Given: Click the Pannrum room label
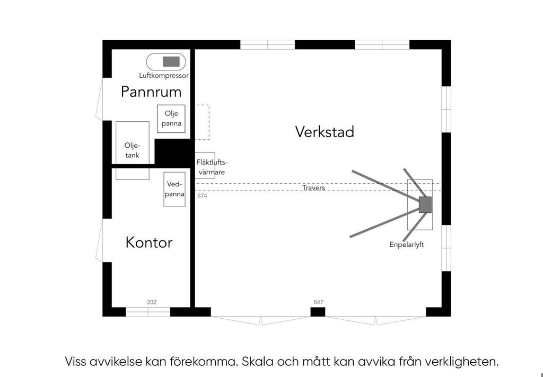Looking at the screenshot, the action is tap(151, 92).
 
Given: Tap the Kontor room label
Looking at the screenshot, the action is tap(149, 242).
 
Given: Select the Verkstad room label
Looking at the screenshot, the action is tap(325, 132).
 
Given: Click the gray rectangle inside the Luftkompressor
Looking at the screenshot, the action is tap(171, 61).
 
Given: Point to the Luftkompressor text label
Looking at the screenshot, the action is tap(164, 75).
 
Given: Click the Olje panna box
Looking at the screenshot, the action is tap(171, 119).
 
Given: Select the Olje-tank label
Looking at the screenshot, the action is tap(132, 150).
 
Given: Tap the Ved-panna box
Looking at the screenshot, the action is tap(174, 189).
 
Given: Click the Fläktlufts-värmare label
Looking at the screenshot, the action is tap(212, 167).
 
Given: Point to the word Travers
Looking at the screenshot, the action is tap(313, 188).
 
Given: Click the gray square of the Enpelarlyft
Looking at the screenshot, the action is tap(425, 205).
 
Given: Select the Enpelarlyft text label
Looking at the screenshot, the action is tap(407, 245).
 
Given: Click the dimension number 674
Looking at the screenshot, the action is tap(202, 196).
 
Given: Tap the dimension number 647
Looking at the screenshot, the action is tap(318, 302).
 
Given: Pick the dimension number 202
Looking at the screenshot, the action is tap(151, 302).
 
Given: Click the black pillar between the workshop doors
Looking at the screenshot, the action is tap(318, 312).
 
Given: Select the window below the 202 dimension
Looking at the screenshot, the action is tap(148, 312).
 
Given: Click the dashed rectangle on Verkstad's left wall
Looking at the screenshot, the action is tap(202, 122).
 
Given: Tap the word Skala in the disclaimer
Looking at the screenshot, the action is tap(257, 362).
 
